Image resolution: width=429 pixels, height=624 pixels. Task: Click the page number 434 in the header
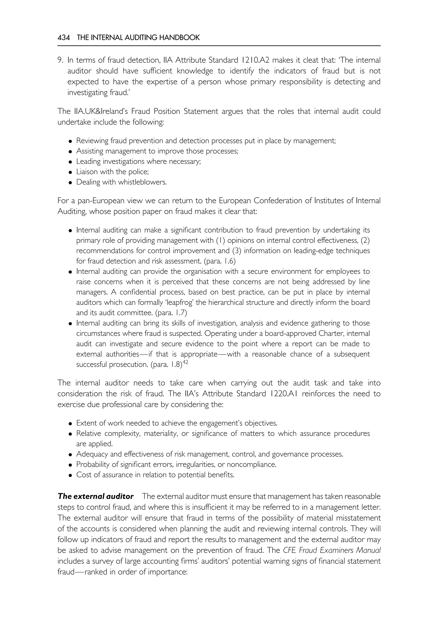pyautogui.click(x=63, y=38)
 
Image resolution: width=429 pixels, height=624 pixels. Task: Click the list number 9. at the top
pyautogui.click(x=60, y=60)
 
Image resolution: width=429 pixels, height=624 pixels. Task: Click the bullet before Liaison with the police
pyautogui.click(x=70, y=172)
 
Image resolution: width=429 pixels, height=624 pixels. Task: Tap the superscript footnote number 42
pyautogui.click(x=185, y=363)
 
